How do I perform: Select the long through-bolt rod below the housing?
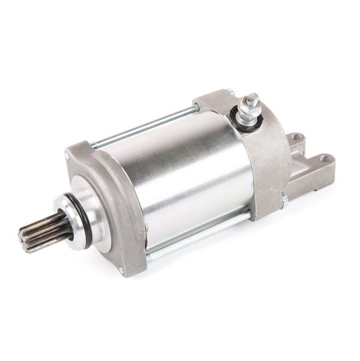[x=198, y=232]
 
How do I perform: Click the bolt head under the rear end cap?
[x=284, y=199]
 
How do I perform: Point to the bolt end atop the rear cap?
[x=229, y=92]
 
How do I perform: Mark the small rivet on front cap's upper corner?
[x=93, y=144]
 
